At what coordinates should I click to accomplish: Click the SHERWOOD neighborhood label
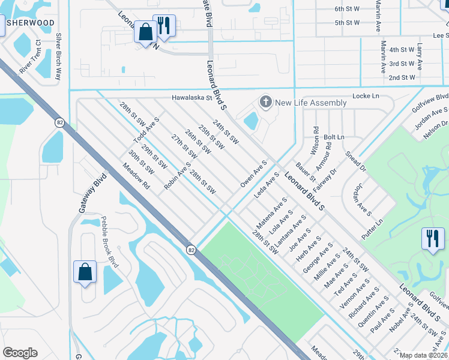point(30,23)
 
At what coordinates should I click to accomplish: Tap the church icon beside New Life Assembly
point(265,102)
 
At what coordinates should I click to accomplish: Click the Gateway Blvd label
point(87,193)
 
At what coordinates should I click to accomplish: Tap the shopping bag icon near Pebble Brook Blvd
point(85,272)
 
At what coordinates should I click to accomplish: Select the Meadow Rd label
point(136,179)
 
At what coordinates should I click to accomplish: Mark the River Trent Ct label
point(29,57)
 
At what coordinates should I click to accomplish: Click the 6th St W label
point(347,9)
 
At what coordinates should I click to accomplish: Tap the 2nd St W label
point(402,77)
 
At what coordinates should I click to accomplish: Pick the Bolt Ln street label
point(334,137)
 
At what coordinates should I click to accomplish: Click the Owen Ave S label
point(254,173)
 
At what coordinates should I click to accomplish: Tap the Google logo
point(20,353)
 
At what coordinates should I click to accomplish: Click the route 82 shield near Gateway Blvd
point(59,122)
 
